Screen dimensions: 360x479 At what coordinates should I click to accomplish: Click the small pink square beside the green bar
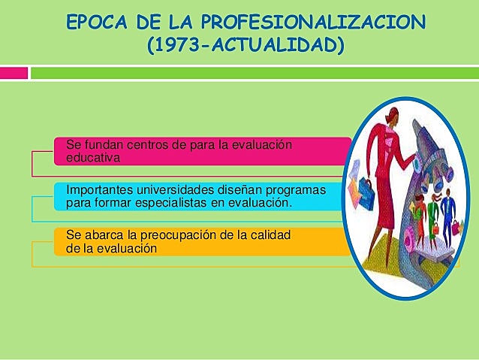tap(14, 73)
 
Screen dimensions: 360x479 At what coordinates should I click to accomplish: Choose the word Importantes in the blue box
tap(98, 189)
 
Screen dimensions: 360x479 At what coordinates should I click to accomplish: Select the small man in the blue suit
tap(447, 210)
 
